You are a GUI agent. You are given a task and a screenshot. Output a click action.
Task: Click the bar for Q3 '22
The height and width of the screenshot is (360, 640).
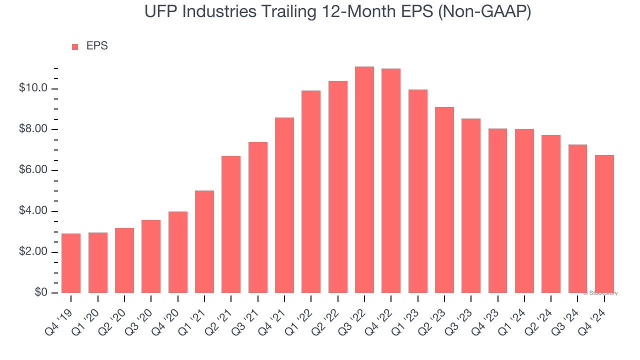364,180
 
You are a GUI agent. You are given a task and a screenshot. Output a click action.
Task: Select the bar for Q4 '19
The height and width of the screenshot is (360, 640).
71,263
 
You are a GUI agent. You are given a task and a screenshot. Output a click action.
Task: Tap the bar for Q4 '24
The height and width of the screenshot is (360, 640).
604,224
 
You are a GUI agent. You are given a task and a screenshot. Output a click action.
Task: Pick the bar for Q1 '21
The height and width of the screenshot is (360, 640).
204,241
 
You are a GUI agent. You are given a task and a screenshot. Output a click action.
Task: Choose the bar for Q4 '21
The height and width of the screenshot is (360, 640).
284,205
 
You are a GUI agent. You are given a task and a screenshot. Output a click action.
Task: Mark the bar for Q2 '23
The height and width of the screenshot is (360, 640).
444,200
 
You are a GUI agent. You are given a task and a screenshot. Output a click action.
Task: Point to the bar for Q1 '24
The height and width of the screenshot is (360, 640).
524,211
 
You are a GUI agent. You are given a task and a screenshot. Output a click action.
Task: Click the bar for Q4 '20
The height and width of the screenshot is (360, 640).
178,252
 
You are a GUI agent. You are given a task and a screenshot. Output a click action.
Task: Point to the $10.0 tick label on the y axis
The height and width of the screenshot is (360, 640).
33,88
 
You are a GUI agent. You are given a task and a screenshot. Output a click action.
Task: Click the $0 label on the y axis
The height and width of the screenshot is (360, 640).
41,292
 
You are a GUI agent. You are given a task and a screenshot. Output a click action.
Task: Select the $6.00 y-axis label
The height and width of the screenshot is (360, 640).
33,170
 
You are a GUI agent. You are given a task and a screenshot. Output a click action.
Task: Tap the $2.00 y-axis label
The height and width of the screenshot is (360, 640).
33,252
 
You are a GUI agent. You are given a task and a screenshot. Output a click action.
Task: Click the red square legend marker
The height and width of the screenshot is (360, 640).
75,46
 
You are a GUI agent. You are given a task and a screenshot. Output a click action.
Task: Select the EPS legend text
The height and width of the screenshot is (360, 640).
97,46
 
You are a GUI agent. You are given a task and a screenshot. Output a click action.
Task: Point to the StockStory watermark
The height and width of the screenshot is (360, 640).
600,293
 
